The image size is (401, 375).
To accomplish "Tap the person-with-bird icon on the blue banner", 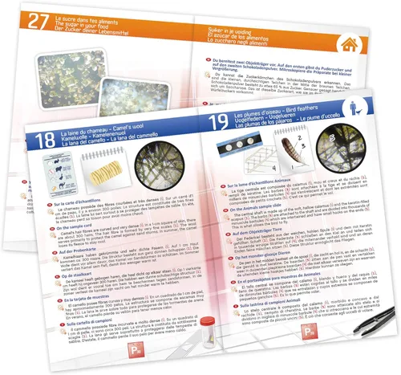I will pyautogui.click(x=375, y=109).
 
